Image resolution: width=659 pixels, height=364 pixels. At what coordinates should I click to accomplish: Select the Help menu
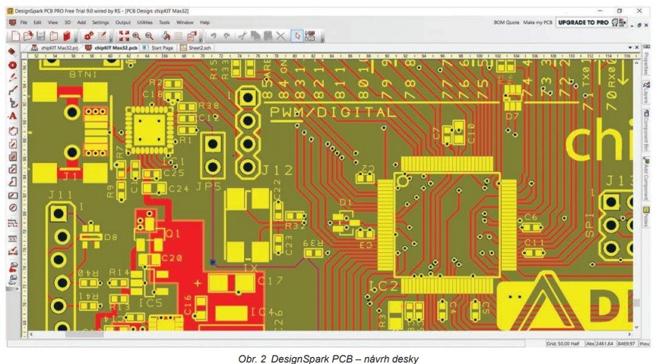pyautogui.click(x=204, y=22)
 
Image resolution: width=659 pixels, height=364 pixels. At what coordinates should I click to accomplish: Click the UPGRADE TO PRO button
pyautogui.click(x=582, y=22)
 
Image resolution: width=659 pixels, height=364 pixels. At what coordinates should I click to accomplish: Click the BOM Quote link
pyautogui.click(x=506, y=22)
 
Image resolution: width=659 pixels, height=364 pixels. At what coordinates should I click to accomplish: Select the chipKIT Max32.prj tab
pyautogui.click(x=55, y=47)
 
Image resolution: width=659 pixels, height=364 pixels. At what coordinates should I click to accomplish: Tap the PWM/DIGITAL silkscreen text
pyautogui.click(x=332, y=112)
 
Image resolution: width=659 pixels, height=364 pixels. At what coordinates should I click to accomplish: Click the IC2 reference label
pyautogui.click(x=384, y=286)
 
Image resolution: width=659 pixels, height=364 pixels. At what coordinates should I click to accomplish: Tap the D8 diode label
pyautogui.click(x=111, y=237)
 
